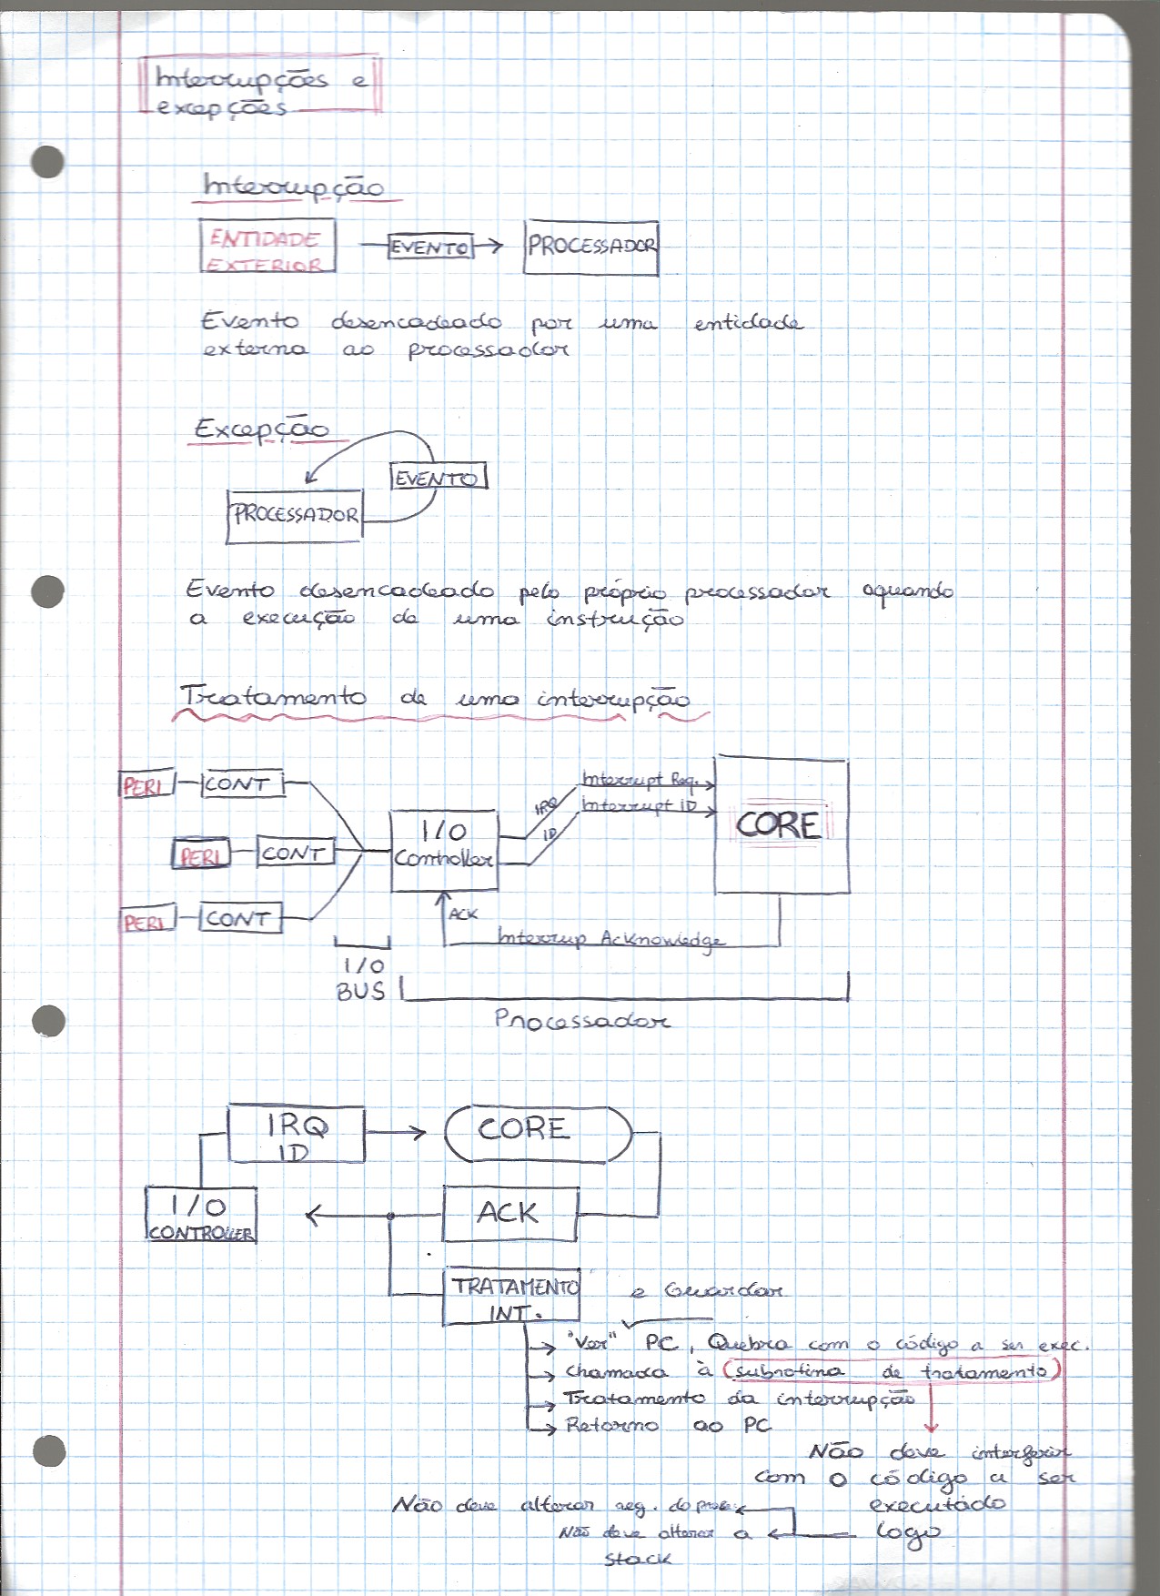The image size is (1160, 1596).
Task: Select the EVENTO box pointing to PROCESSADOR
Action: coord(430,247)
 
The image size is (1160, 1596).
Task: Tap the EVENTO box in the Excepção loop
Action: coord(439,478)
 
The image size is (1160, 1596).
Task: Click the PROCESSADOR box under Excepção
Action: coord(295,516)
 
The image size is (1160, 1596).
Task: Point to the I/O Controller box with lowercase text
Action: coord(444,850)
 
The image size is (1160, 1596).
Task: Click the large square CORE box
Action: coord(782,824)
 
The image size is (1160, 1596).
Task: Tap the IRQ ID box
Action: coord(296,1135)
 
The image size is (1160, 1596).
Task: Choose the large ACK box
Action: coord(509,1213)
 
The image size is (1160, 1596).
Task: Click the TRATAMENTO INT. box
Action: coord(512,1297)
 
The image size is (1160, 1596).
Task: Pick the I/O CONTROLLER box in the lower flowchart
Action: coord(201,1217)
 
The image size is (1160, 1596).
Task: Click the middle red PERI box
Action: coord(201,854)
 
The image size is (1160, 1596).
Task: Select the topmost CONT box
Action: coord(241,783)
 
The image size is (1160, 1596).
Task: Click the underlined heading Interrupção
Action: coord(293,187)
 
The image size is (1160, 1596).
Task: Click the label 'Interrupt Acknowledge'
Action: coord(611,938)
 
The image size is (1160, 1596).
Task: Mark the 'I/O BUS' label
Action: coord(361,978)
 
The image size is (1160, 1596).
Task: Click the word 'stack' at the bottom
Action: coord(638,1558)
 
